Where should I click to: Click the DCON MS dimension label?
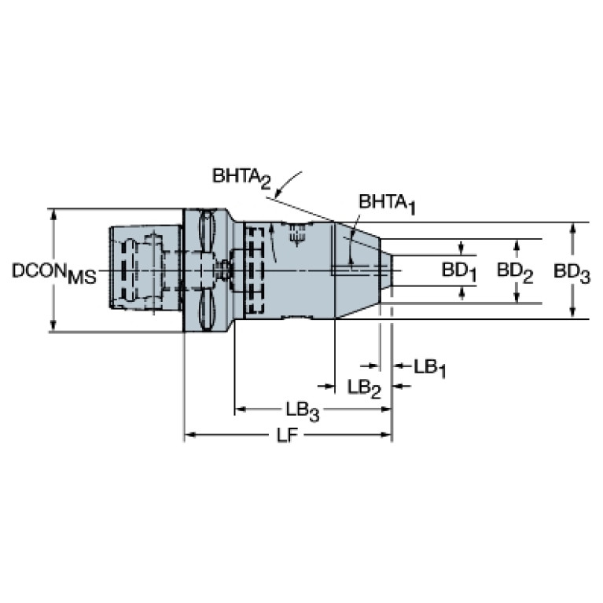[x=53, y=273]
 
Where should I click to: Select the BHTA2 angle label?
[x=242, y=178]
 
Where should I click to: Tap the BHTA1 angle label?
[x=388, y=204]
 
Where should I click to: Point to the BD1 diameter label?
[x=459, y=272]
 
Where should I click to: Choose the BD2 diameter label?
[x=515, y=272]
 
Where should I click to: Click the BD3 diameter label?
[x=572, y=273]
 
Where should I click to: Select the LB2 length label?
[x=364, y=388]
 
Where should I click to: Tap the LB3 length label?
[x=302, y=410]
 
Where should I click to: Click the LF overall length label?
[x=288, y=436]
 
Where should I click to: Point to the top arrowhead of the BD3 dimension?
[x=572, y=229]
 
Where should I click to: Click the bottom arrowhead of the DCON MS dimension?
[x=53, y=325]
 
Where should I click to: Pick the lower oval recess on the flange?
[x=207, y=310]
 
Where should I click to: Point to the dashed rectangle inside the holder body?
[x=254, y=270]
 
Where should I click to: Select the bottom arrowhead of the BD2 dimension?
[x=517, y=298]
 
